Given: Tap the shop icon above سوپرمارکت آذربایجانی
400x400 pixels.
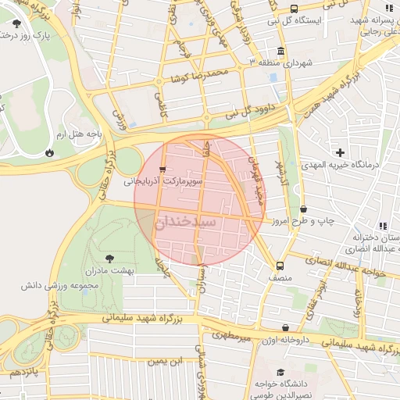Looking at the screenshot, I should click(162, 169).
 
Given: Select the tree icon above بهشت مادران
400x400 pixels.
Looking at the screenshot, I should click(109, 257).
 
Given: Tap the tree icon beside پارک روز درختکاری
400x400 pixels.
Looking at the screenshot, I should click(17, 35).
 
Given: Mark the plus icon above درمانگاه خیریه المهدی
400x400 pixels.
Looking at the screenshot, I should click(339, 152).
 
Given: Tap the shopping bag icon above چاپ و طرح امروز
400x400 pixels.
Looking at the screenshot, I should click(303, 209).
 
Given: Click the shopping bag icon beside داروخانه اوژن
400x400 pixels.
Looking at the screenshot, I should click(286, 327).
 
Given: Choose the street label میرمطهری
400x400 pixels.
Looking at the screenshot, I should click(233, 336).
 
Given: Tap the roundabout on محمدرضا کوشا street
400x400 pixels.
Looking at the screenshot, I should click(159, 81).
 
